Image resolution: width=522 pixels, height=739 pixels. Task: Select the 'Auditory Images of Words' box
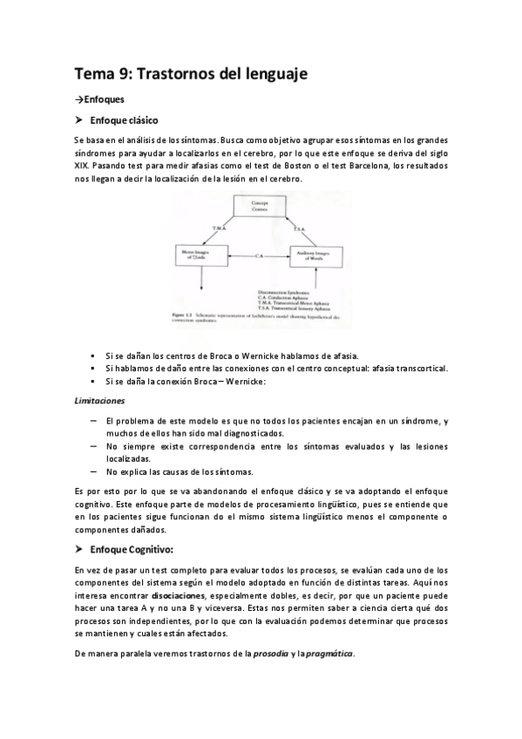tap(314, 255)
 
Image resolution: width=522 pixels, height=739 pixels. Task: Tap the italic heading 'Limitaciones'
tap(99, 400)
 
